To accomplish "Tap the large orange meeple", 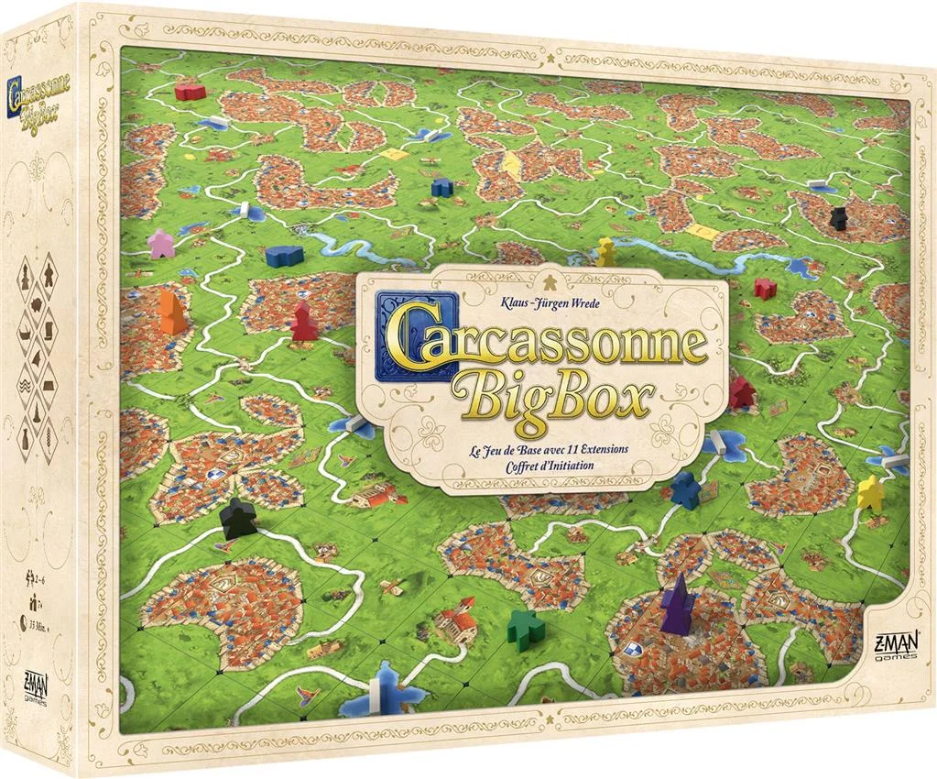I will (x=170, y=312).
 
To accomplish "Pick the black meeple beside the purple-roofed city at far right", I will (x=838, y=217).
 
